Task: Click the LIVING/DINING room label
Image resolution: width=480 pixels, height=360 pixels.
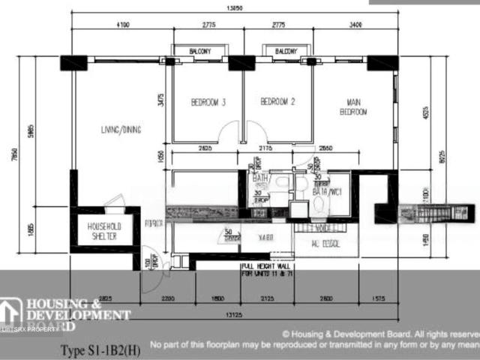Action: tap(121, 129)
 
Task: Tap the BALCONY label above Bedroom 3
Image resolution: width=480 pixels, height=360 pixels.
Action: tap(200, 51)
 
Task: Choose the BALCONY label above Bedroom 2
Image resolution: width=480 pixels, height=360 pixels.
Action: tap(286, 51)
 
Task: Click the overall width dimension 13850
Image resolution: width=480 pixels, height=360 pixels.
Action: tap(234, 7)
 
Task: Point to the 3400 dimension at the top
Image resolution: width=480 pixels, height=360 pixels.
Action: tap(355, 25)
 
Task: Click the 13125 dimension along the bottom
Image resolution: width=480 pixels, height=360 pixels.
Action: tap(234, 315)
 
